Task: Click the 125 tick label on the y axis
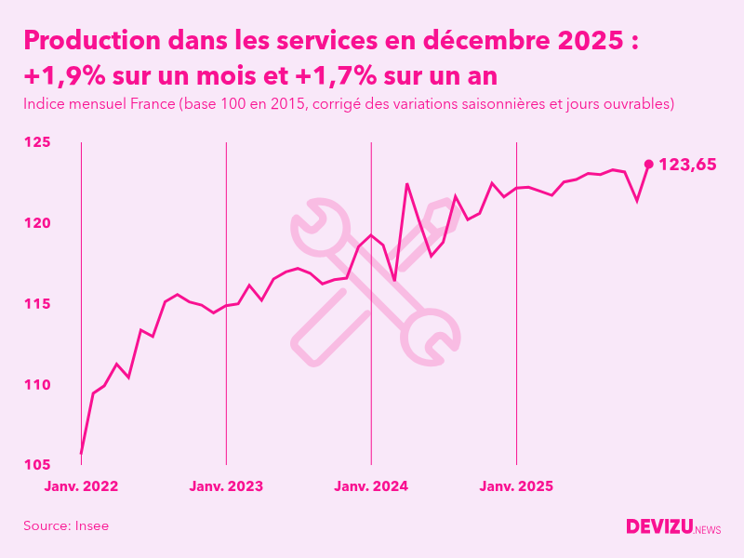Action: (37, 142)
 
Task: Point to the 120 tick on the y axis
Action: (37, 223)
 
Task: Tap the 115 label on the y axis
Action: (37, 304)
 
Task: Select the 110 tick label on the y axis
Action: (37, 384)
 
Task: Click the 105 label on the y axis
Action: (37, 465)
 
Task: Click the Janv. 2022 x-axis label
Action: (82, 485)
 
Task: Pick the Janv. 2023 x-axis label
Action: (226, 485)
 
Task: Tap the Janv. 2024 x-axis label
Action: (371, 485)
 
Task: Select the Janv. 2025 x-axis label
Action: (516, 485)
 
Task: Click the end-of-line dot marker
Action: (649, 164)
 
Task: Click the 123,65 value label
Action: (687, 165)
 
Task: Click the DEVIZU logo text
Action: (658, 526)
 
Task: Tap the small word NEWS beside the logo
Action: (707, 529)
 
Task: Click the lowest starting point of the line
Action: (82, 453)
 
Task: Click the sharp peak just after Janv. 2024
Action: (407, 184)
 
